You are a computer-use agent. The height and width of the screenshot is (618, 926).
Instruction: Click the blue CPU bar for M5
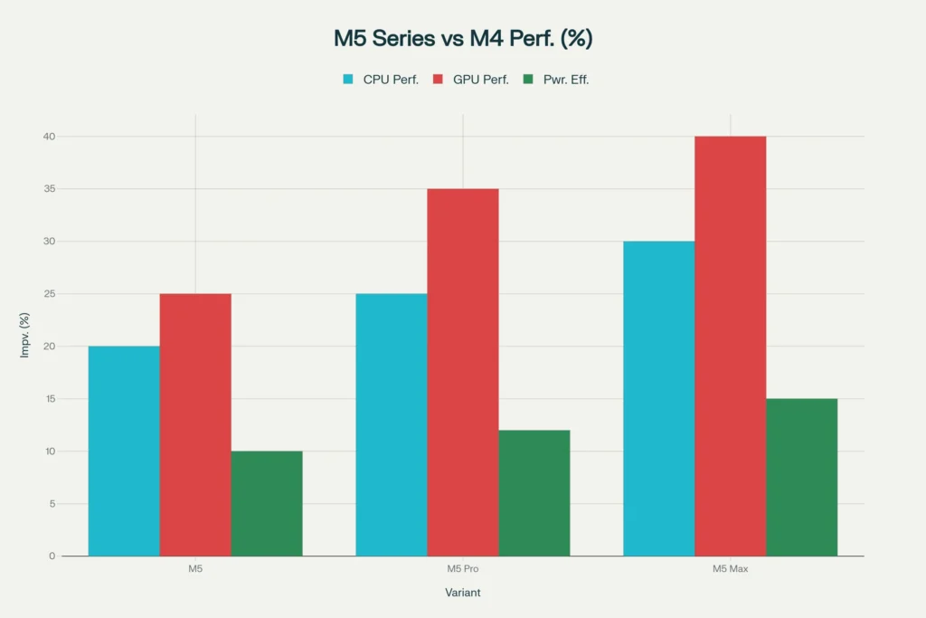124,451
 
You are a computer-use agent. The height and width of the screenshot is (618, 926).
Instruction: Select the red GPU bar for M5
195,424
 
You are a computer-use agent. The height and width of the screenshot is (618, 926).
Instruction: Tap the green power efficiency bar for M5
267,503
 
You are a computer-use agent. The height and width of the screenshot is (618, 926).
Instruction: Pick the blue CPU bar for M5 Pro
392,424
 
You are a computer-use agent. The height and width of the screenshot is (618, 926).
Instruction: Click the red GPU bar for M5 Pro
463,372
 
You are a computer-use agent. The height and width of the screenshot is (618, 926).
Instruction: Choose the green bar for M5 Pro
534,493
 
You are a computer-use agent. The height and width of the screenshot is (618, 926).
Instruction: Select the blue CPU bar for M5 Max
659,398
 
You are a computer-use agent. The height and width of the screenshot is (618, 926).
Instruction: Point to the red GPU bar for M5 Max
731,346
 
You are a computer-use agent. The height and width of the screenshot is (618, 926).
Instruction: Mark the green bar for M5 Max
802,477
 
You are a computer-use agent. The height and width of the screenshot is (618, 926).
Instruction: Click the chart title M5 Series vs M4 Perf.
463,39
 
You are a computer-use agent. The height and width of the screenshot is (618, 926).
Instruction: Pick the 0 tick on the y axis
52,556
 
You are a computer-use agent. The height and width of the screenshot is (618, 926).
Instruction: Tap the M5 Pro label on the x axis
463,569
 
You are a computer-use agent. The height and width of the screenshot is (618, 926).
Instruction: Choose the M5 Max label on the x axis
731,569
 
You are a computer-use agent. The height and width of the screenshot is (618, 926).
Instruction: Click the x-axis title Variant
463,593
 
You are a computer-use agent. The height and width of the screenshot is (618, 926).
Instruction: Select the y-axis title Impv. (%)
25,335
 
